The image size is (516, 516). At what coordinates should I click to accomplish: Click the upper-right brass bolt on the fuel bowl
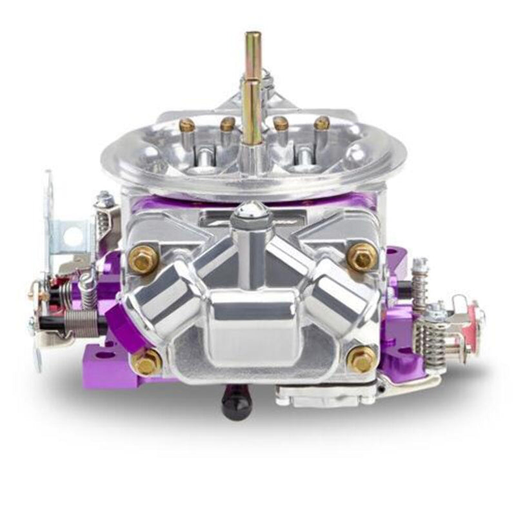click(x=362, y=257)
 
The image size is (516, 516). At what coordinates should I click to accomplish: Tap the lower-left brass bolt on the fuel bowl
click(x=147, y=363)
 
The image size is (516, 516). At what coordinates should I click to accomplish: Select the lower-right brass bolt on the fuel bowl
click(x=362, y=359)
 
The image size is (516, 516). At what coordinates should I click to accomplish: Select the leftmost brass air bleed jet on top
click(x=188, y=125)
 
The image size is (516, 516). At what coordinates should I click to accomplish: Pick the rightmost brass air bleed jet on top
click(x=321, y=123)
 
